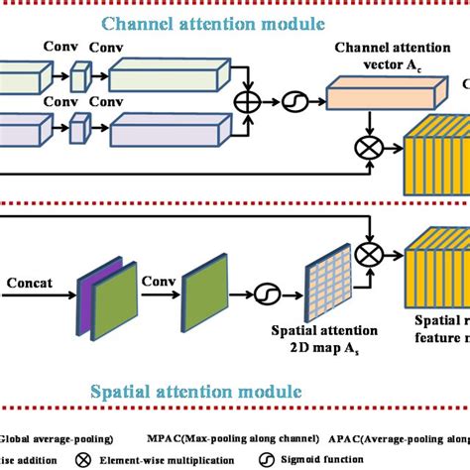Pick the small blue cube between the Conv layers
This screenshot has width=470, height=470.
[80, 76]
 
